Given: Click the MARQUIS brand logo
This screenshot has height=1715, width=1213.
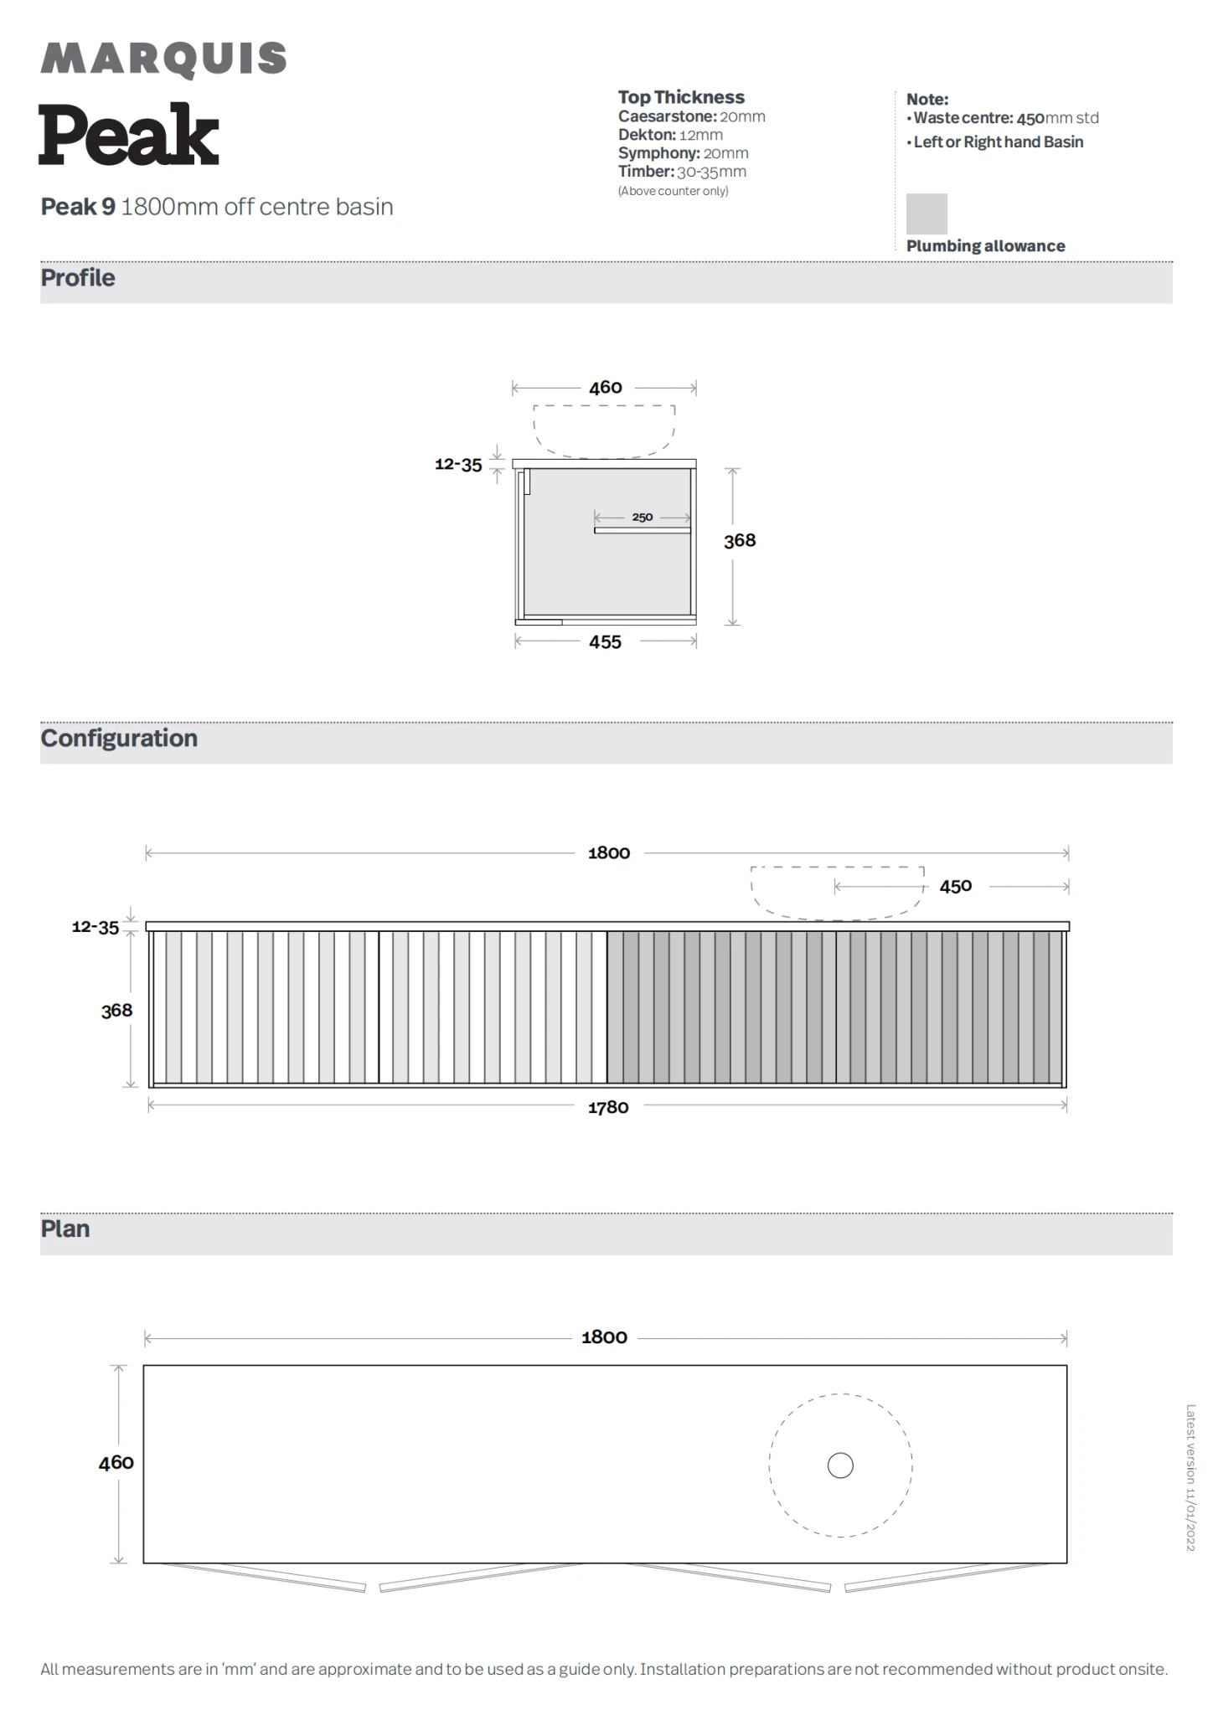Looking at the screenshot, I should click(x=163, y=59).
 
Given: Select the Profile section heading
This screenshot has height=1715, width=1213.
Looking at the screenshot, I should click(x=78, y=278).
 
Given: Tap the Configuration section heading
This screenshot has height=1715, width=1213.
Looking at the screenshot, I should click(x=119, y=738).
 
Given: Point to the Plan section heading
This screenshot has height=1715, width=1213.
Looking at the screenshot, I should click(x=65, y=1228).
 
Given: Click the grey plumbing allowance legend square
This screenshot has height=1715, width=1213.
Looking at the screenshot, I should click(x=927, y=214).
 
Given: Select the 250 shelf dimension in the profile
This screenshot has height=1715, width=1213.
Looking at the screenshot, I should click(x=643, y=518).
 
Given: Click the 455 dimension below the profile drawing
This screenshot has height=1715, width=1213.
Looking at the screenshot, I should click(x=605, y=642).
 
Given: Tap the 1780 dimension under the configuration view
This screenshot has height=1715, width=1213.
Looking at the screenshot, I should click(x=608, y=1107).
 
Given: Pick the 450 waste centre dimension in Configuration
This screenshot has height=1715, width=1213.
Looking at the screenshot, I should click(x=956, y=886).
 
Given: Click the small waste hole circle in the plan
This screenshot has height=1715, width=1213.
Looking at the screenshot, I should click(x=840, y=1465).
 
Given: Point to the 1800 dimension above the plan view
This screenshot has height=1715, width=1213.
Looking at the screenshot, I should click(x=604, y=1337).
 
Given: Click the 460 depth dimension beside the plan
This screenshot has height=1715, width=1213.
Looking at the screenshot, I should click(x=116, y=1463).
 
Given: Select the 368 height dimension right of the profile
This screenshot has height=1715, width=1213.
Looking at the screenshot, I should click(x=740, y=541).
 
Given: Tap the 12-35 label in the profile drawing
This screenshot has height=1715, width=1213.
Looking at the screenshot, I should click(x=458, y=465).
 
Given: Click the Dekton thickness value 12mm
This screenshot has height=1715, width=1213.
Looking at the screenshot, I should click(x=701, y=135).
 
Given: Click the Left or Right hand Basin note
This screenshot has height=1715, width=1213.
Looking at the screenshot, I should click(x=998, y=142).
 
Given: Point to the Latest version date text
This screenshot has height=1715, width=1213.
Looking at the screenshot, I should click(x=1190, y=1477).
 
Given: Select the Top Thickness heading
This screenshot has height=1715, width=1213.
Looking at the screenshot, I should click(x=681, y=97).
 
